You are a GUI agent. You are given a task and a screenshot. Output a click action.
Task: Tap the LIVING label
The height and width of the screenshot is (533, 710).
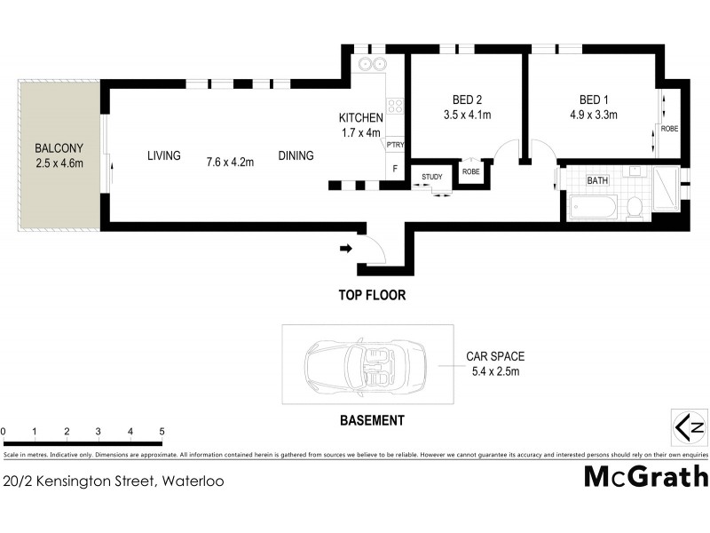pos(164,156)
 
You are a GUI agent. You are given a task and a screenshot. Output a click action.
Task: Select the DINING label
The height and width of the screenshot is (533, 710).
pos(296,156)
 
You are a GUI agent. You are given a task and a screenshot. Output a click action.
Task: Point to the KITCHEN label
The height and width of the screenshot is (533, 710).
pos(360,118)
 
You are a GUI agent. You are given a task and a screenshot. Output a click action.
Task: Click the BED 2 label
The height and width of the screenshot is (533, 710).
pos(466,99)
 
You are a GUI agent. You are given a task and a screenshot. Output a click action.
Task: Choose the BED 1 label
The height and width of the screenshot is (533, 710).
pos(594,99)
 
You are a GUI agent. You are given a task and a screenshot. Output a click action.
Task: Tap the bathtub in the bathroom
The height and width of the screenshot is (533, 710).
pos(593,209)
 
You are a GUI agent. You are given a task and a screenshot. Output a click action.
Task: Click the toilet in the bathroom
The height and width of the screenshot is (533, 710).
pos(634,206)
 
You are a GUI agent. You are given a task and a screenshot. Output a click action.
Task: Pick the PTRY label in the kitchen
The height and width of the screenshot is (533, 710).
pos(395,146)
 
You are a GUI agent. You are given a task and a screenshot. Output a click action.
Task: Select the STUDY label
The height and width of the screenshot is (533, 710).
pos(432,177)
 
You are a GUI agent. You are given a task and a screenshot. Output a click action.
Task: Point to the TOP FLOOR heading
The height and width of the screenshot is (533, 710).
pos(370,293)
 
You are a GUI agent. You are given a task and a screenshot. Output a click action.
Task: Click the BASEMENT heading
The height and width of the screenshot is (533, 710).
pos(373,421)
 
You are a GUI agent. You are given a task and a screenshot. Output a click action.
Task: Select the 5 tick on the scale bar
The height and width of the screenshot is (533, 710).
pos(162,432)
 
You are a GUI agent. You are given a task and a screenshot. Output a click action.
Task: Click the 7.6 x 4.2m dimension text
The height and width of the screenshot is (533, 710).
pos(230,162)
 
